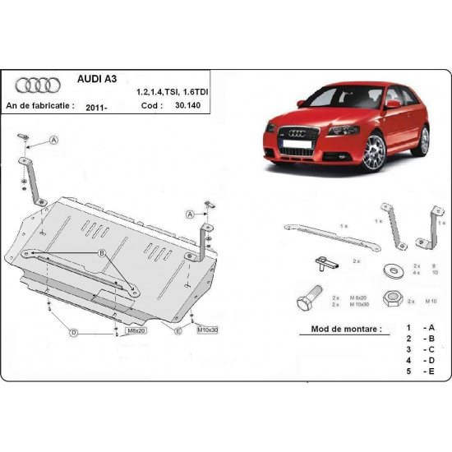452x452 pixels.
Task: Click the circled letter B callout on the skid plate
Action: coord(103,253)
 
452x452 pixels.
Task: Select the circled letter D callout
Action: coord(73,332)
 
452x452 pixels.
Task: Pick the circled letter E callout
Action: coord(177,331)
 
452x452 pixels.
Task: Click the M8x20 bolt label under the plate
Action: coord(135,330)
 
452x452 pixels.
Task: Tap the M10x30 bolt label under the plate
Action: coord(207,330)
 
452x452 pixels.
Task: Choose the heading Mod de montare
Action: coord(347,329)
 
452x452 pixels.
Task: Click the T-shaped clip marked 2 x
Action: coord(326,263)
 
